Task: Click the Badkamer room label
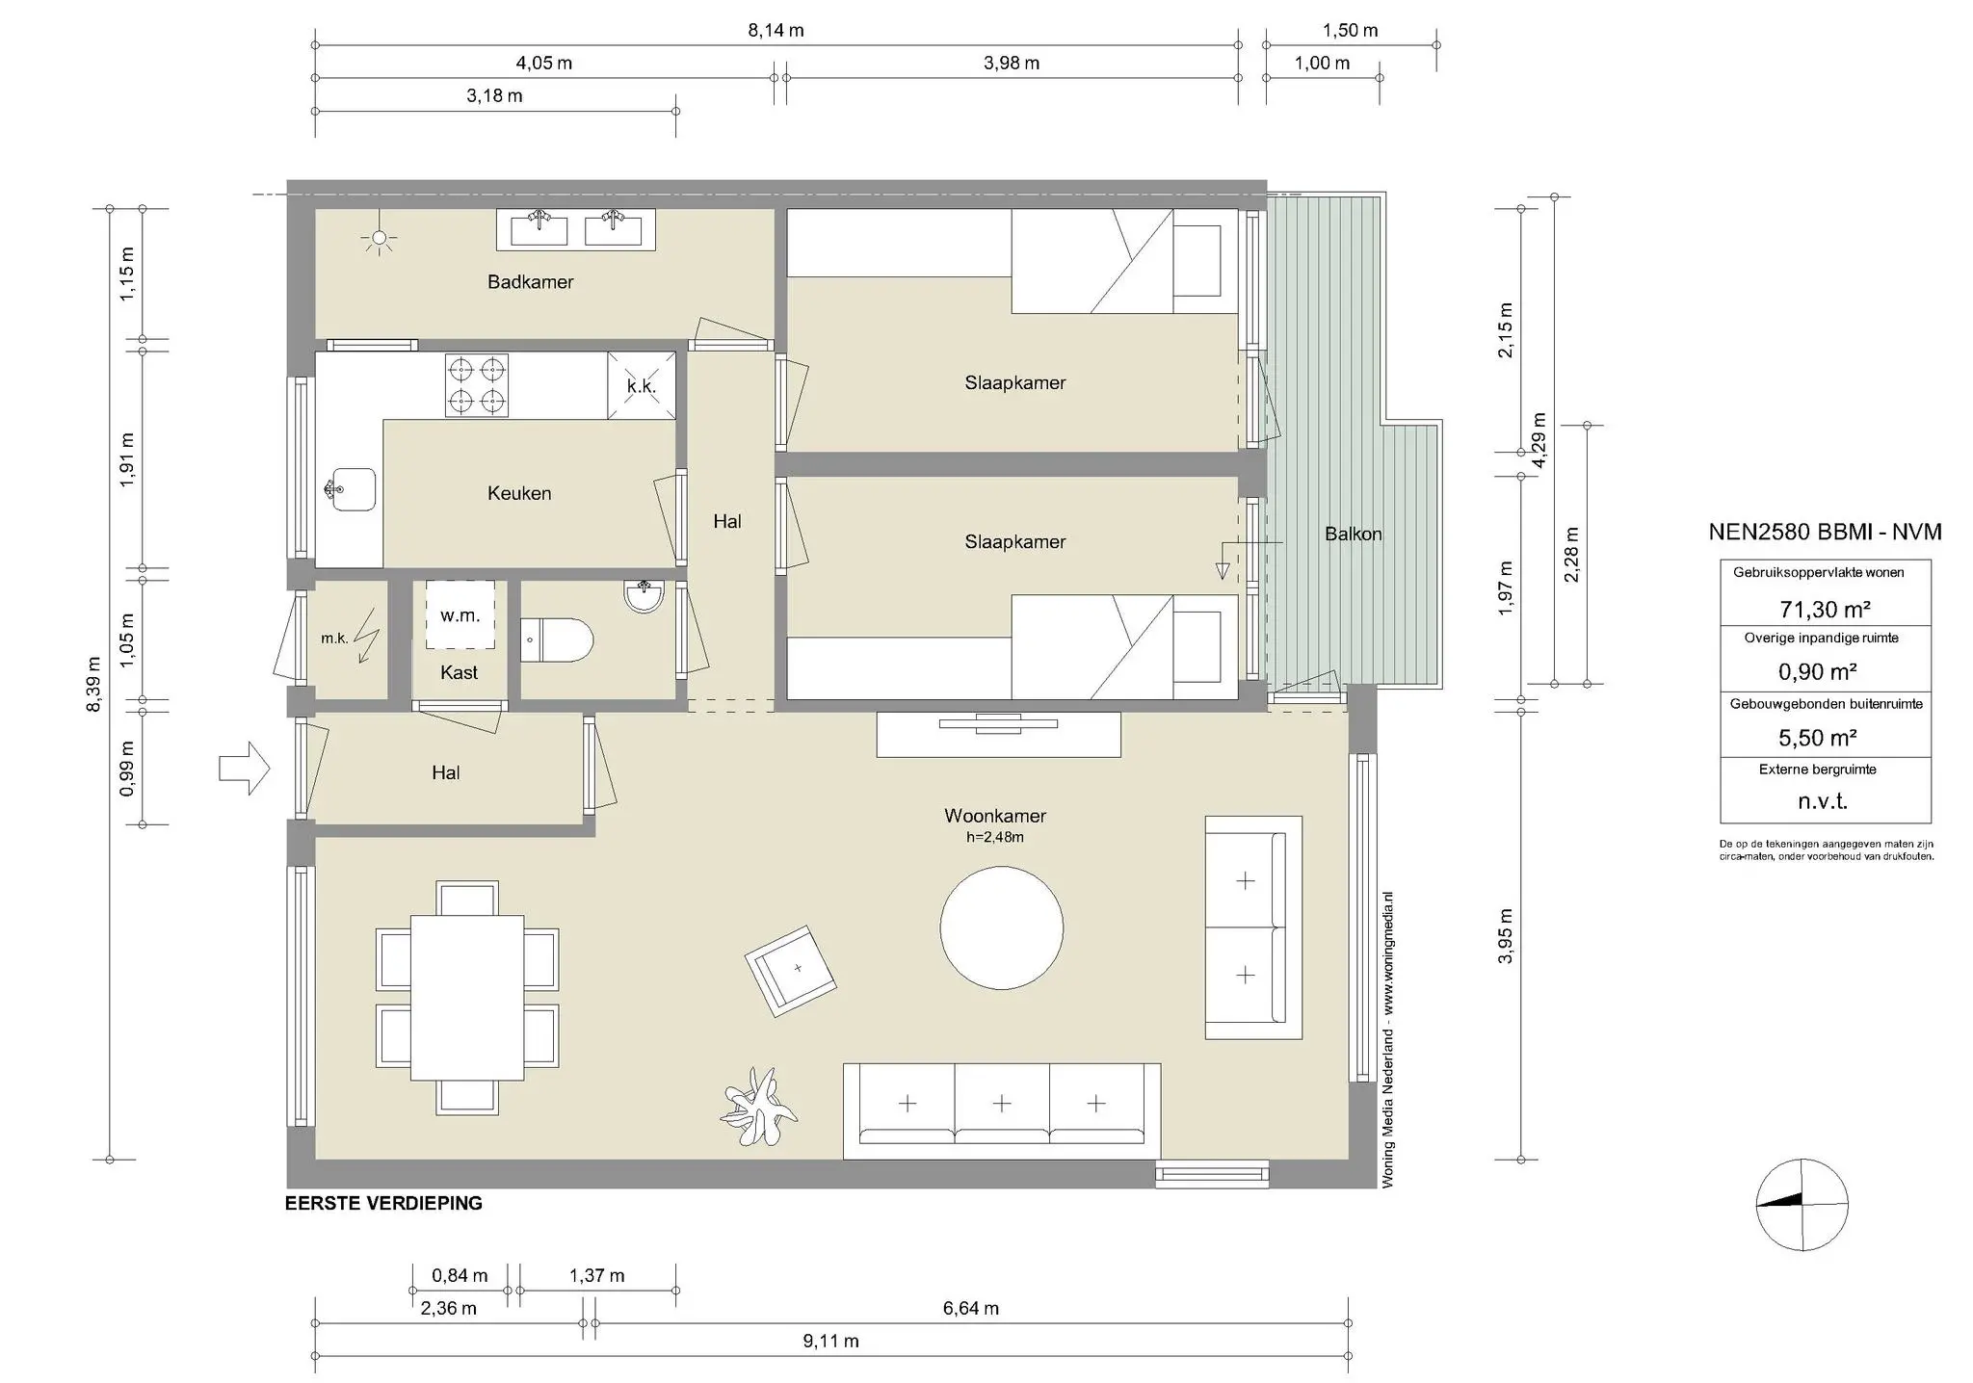coord(530,282)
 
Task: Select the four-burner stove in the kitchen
coord(476,385)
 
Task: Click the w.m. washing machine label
coord(460,615)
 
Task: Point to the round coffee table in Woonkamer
coord(1002,928)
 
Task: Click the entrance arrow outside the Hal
coord(245,769)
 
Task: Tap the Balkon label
coord(1353,534)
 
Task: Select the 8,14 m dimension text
coord(776,31)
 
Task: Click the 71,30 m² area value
coord(1825,609)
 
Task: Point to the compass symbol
coord(1802,1204)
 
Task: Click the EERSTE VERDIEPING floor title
coord(383,1203)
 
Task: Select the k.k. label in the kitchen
coord(641,386)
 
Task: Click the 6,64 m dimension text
coord(970,1308)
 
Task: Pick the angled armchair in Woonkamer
coord(790,971)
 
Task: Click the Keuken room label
coord(519,493)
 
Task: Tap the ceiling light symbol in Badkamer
coord(380,238)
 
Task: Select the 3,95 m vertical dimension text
coord(1506,935)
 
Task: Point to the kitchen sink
coord(350,490)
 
